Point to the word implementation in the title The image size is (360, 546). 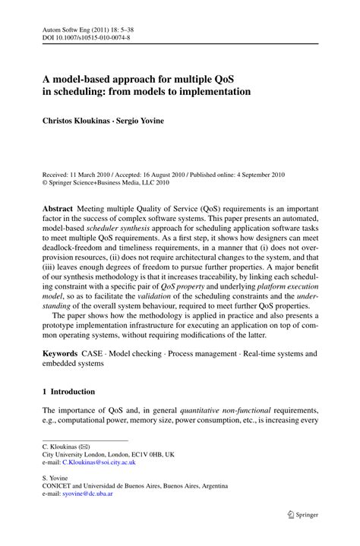pyautogui.click(x=211, y=91)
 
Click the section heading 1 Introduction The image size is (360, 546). pyautogui.click(x=68, y=392)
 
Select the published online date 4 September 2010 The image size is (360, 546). pyautogui.click(x=251, y=174)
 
